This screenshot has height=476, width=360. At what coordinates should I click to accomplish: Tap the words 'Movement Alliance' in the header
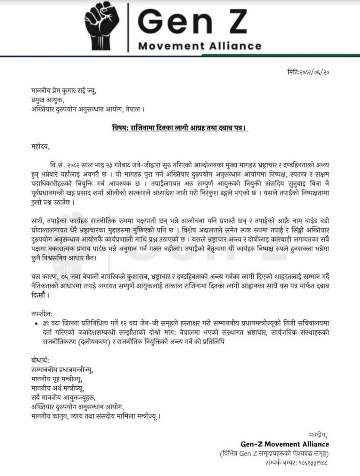click(199, 46)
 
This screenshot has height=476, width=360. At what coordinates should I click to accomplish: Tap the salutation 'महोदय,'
click(41, 148)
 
